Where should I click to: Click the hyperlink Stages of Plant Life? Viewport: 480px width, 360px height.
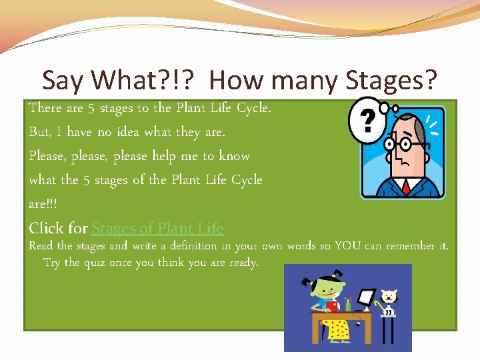(x=157, y=228)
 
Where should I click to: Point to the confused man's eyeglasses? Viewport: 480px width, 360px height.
(x=401, y=145)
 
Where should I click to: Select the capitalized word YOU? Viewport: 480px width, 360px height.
(x=348, y=246)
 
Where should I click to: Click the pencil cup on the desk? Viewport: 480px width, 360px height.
(x=347, y=305)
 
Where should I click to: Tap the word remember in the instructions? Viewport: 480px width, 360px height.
(x=408, y=246)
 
